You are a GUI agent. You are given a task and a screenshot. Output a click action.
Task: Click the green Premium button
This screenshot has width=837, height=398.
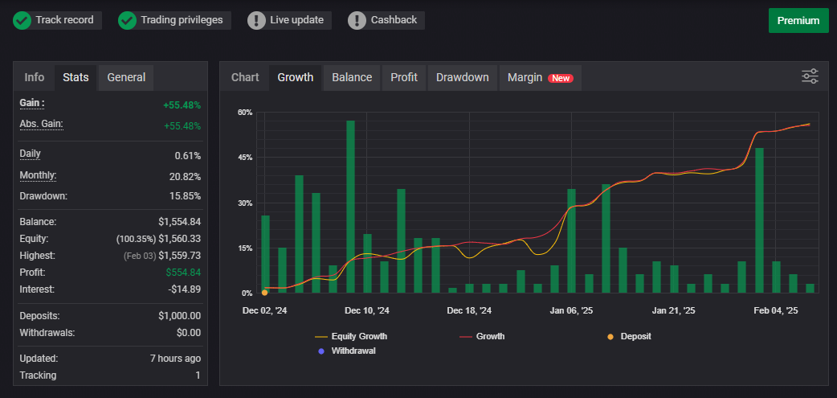(798, 21)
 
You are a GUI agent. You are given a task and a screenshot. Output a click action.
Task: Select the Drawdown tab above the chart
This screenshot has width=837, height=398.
(462, 77)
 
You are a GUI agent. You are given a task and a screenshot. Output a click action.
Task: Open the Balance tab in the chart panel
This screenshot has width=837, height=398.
(352, 77)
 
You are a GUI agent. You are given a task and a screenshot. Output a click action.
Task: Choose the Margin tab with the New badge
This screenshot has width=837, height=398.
(540, 77)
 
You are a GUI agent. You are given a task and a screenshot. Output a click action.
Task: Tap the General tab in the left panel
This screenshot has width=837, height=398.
(126, 77)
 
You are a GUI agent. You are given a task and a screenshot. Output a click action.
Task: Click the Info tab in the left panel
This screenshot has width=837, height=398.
(35, 77)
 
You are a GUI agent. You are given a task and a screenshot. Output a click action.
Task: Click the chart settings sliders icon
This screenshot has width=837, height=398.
(810, 76)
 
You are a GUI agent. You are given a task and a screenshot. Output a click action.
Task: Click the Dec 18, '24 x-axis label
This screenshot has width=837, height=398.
(469, 310)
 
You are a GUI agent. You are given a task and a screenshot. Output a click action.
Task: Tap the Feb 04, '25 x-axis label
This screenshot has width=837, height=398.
(775, 310)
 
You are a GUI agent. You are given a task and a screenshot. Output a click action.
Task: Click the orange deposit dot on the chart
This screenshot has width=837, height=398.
(265, 293)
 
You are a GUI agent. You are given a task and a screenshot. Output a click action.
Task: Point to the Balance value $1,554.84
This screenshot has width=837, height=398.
(179, 221)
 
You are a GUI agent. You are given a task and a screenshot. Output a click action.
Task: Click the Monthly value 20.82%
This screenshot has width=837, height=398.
(187, 176)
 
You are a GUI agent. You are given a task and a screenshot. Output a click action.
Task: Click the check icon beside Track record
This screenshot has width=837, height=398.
(22, 20)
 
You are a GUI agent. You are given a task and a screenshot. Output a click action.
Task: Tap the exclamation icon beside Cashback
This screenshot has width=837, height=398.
(357, 20)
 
